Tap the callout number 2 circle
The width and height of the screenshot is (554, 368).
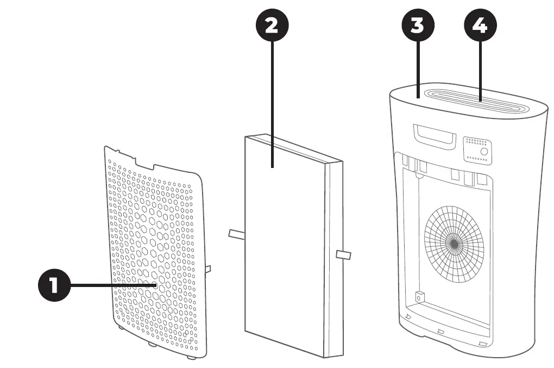click(272, 26)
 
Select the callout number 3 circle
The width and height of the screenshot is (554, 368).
click(417, 26)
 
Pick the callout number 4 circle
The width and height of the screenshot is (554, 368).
click(481, 26)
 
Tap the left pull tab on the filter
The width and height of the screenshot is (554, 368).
click(237, 234)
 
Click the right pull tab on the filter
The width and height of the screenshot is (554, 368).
click(344, 254)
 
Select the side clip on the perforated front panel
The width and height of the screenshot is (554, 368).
click(209, 269)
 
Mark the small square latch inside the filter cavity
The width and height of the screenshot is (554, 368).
click(419, 298)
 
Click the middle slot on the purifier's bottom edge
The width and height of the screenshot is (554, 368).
click(441, 330)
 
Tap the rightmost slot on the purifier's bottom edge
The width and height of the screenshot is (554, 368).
click(482, 344)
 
